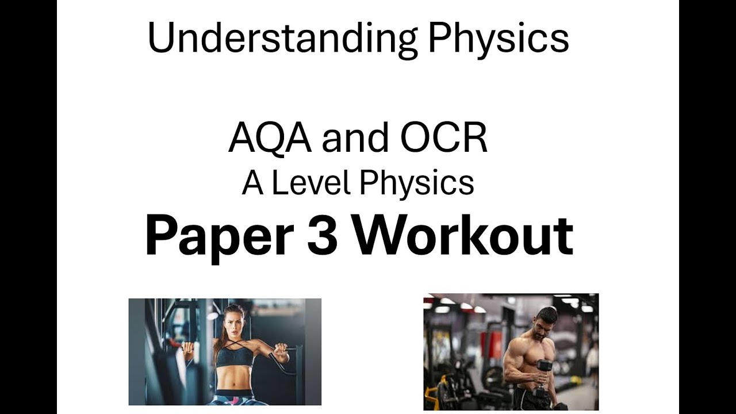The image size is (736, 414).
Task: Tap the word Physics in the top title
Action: tap(498, 39)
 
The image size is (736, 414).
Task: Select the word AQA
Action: tap(270, 139)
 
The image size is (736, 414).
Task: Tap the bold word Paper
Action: tap(219, 236)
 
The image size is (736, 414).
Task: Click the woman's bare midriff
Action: tap(235, 381)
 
